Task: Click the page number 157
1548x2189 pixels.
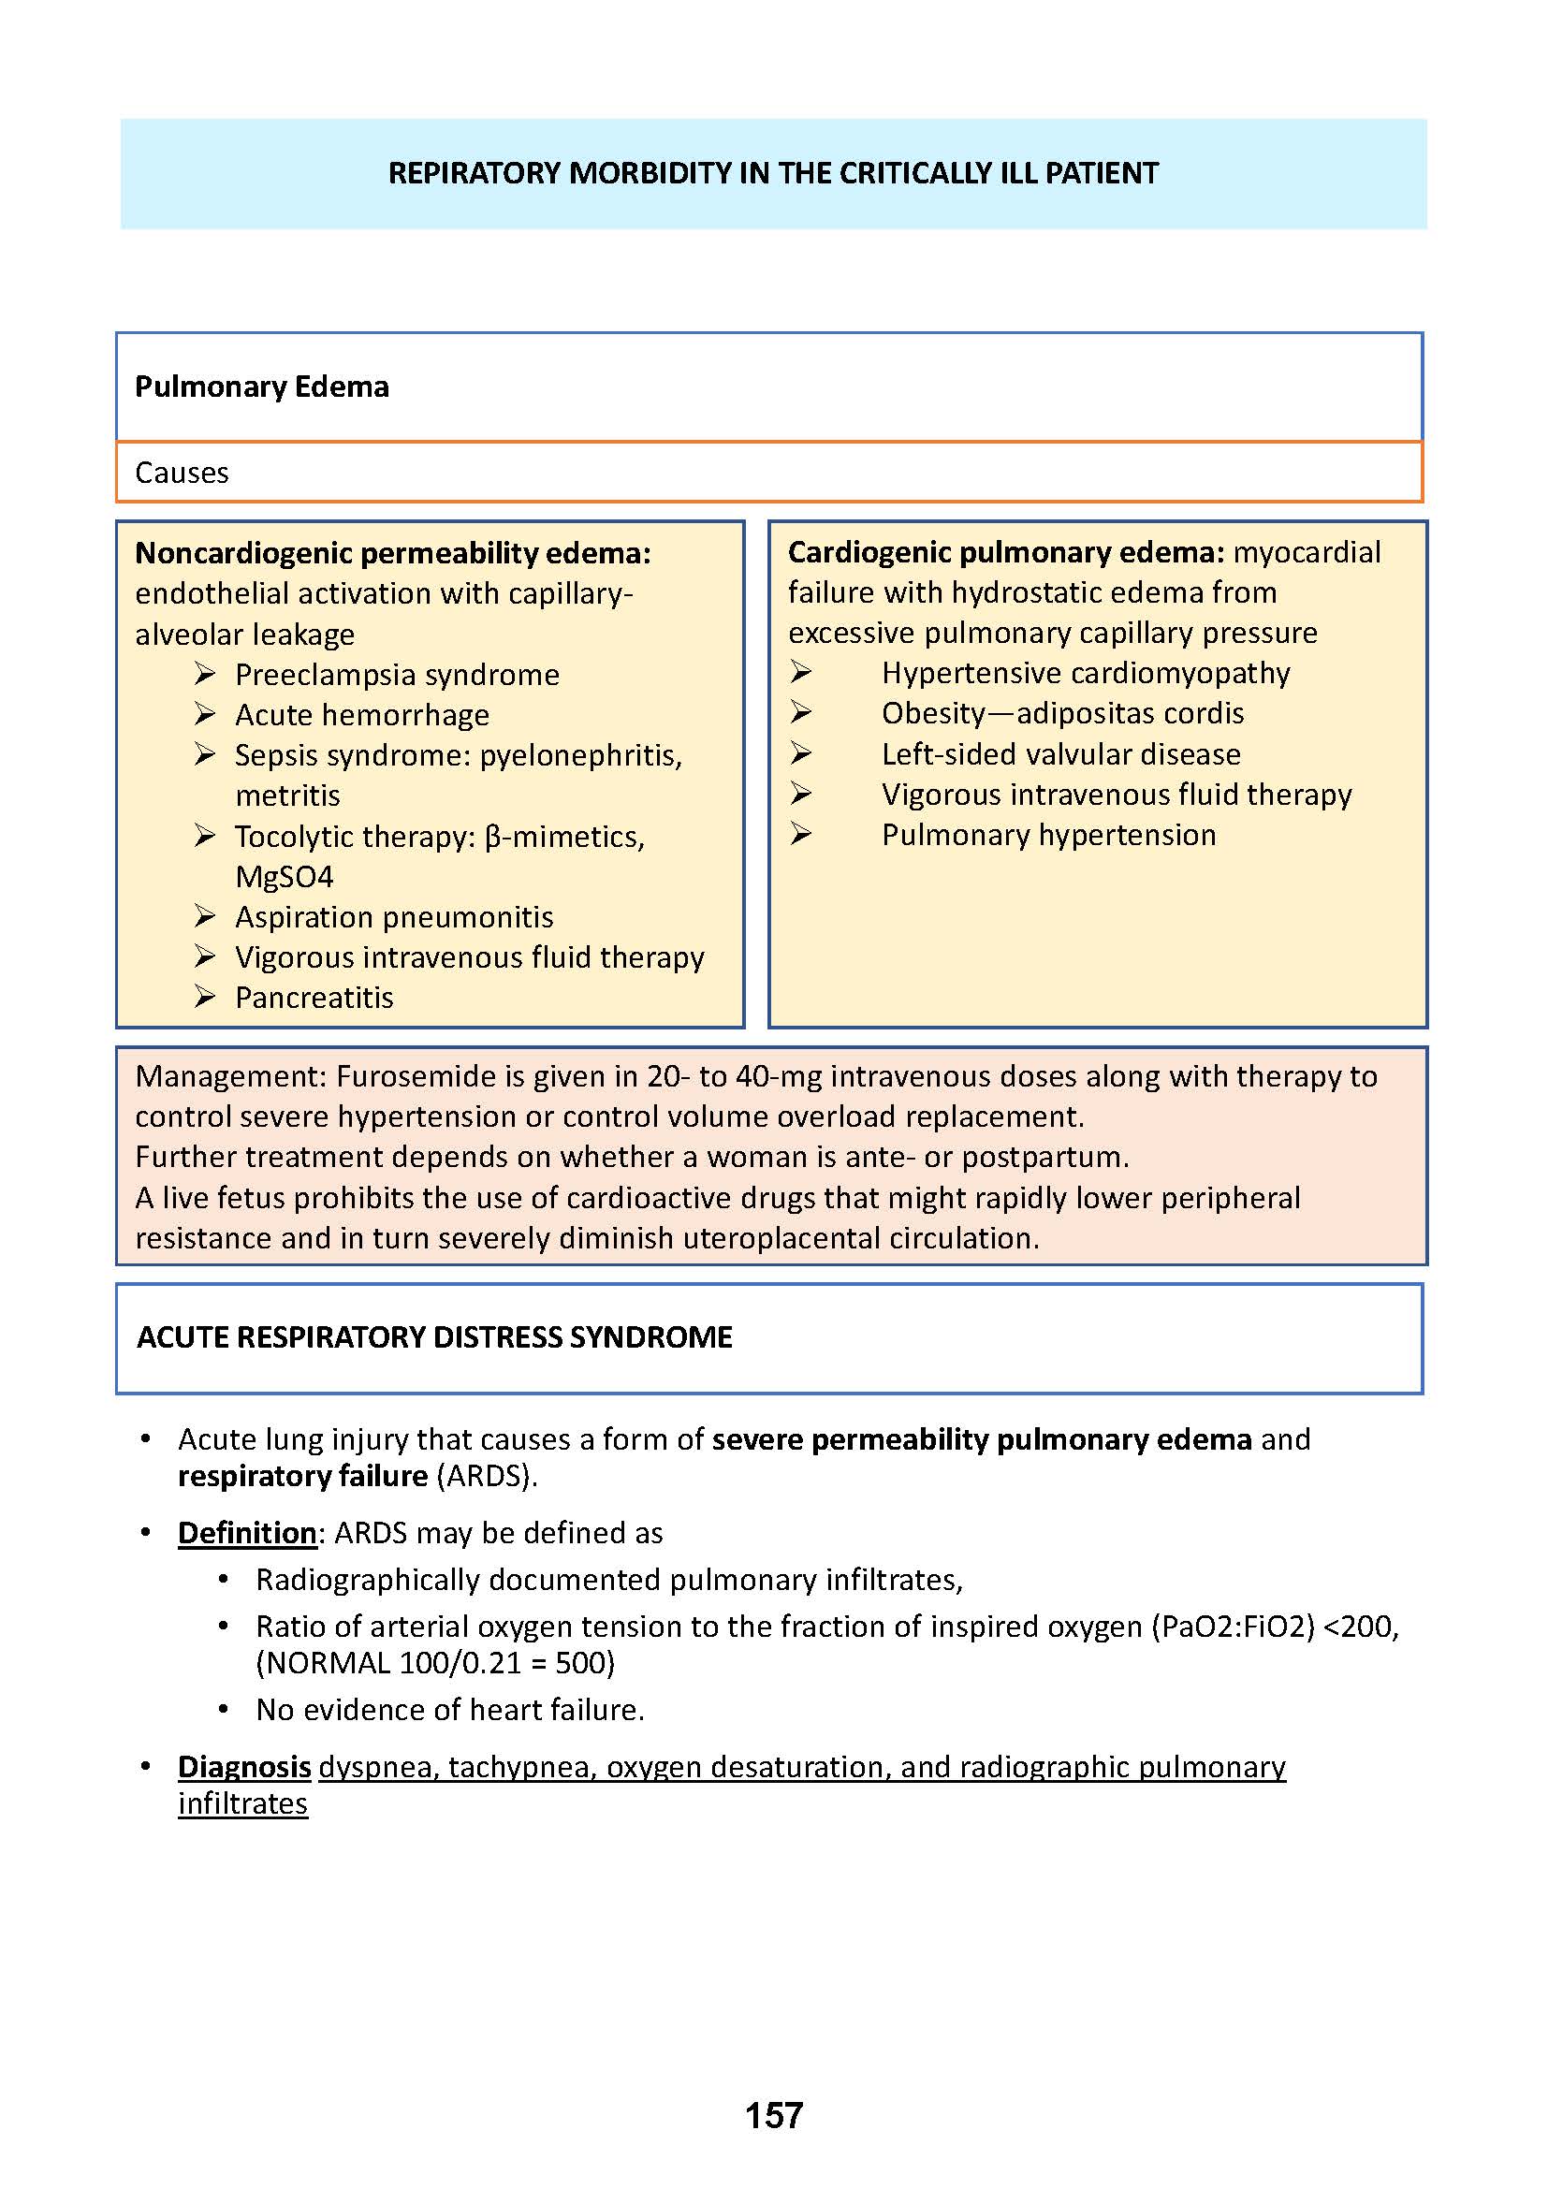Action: coord(773,2115)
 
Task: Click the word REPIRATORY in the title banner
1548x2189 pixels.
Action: coord(475,173)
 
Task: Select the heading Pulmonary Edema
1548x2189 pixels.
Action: coord(261,387)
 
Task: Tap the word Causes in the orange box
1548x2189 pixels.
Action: coord(182,473)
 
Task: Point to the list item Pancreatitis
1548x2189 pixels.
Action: coord(314,998)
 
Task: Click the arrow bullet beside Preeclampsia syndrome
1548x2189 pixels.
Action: coord(205,674)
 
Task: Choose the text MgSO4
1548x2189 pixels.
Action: coord(285,877)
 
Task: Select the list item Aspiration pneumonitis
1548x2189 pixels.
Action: coord(394,917)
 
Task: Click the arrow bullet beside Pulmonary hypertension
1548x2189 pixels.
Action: coord(801,834)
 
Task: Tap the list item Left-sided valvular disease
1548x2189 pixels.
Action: coord(1060,754)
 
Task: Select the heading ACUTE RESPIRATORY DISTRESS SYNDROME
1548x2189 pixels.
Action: coord(433,1337)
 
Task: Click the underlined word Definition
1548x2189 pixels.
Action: coord(247,1533)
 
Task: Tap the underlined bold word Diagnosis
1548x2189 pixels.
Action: coord(244,1767)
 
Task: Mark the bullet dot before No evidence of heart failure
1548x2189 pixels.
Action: coord(223,1711)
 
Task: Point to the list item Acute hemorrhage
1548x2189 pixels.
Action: coord(361,715)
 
